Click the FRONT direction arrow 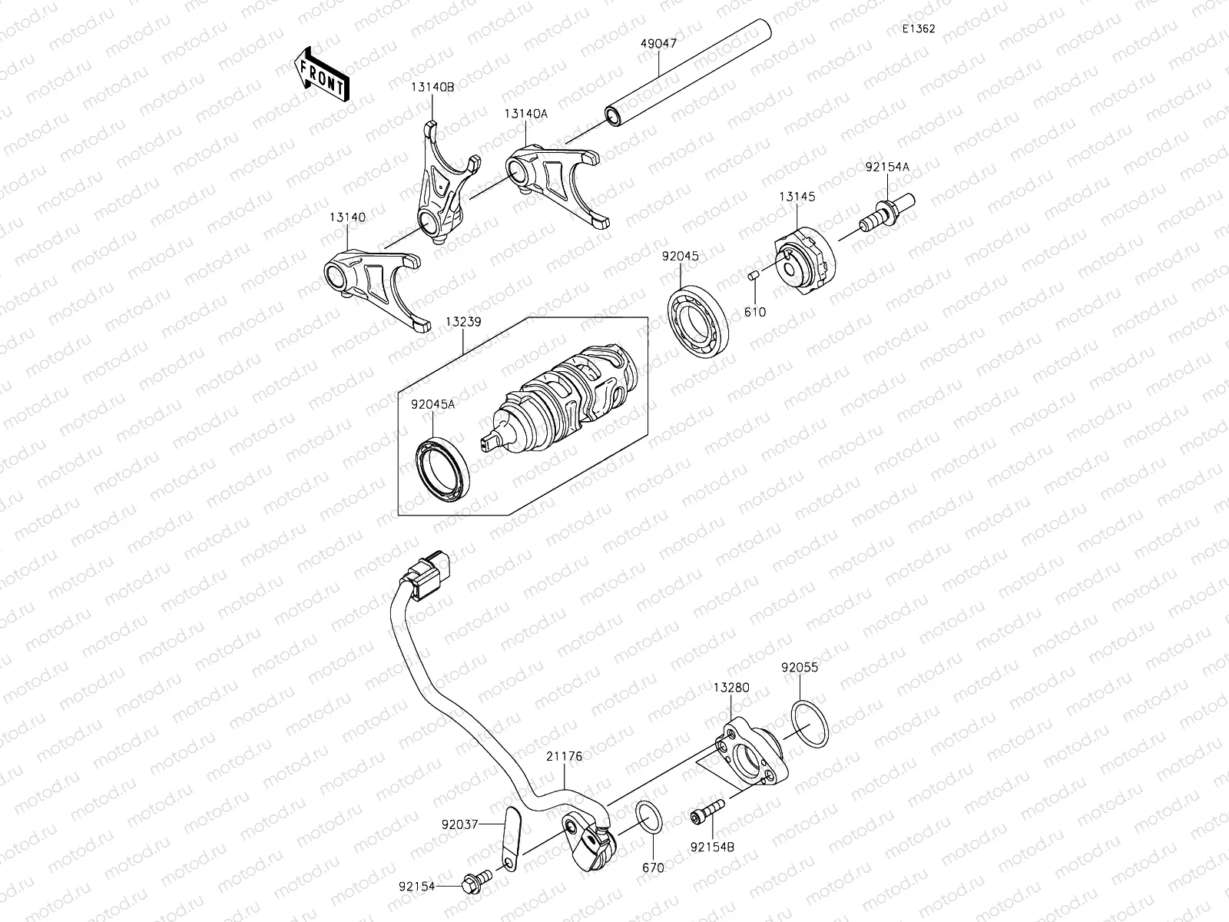[x=320, y=75]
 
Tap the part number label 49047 [x=658, y=44]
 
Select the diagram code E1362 [x=919, y=28]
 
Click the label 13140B [x=432, y=88]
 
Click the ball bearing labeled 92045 [x=697, y=323]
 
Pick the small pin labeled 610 [x=754, y=276]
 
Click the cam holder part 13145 [x=803, y=261]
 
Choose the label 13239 [x=462, y=322]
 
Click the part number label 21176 [x=564, y=757]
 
